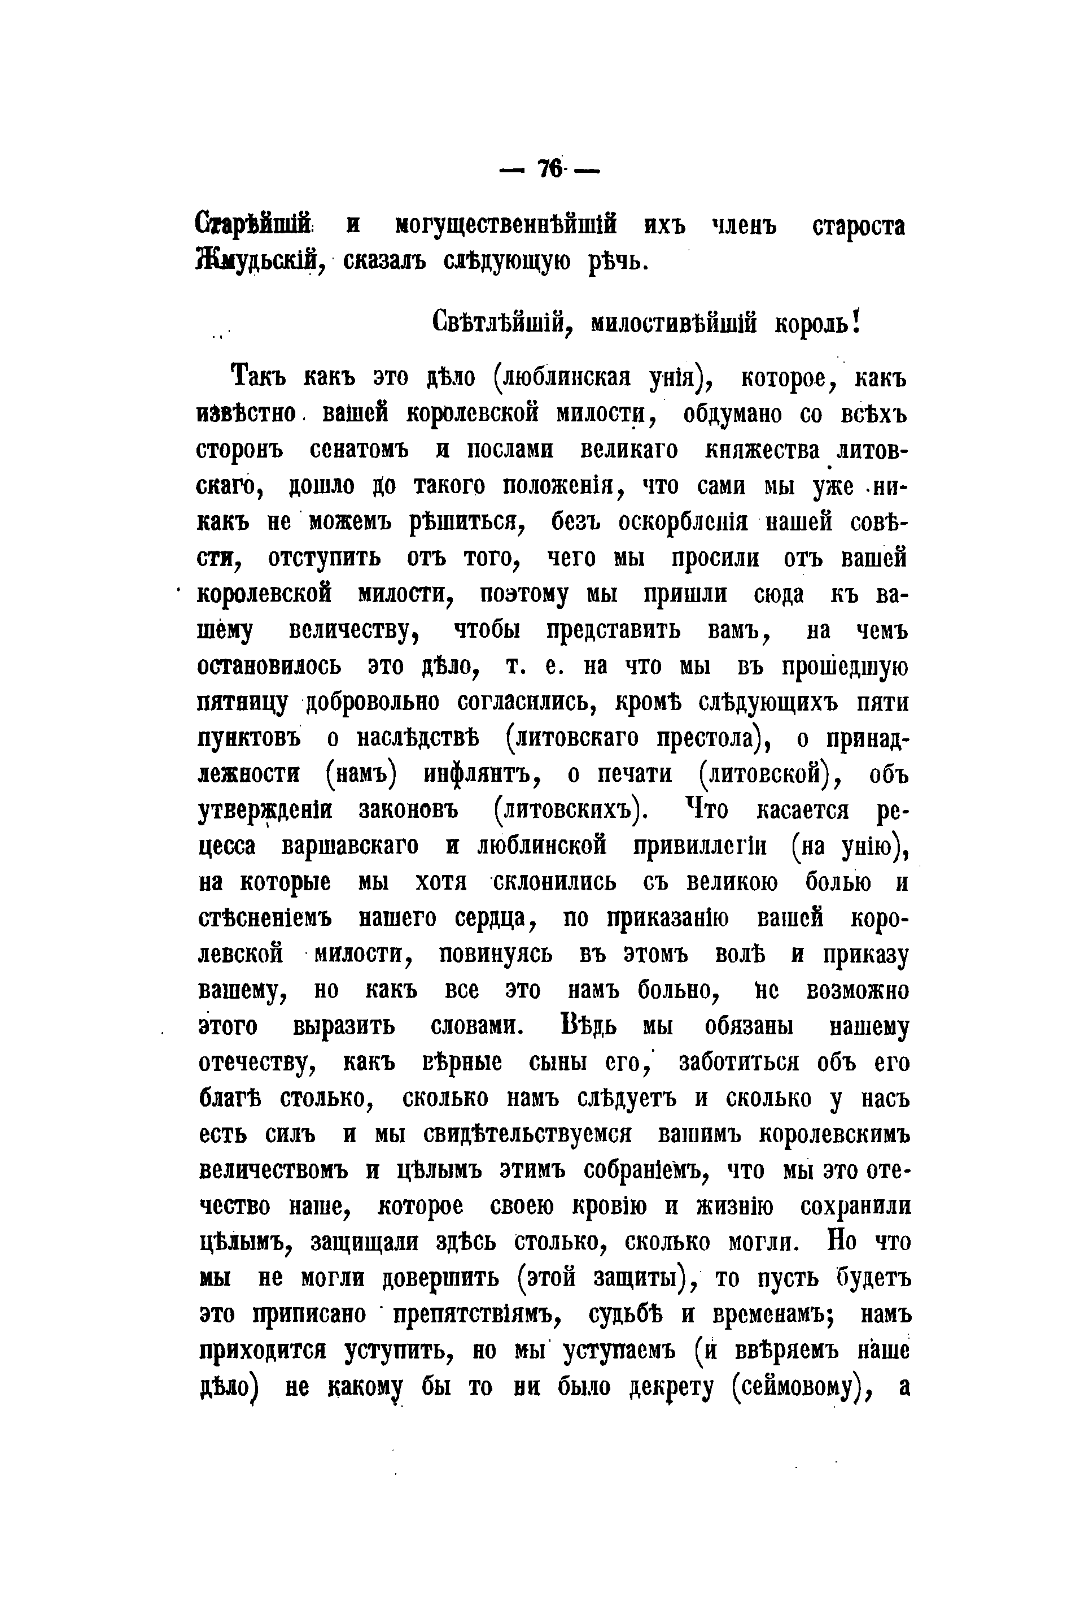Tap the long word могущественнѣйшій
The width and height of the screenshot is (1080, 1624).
point(506,225)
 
